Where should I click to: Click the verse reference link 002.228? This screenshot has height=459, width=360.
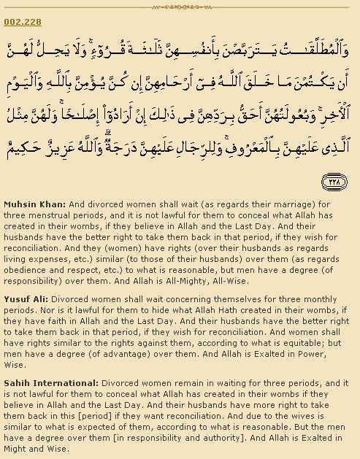point(22,22)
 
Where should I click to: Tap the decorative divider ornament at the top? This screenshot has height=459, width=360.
point(180,7)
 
